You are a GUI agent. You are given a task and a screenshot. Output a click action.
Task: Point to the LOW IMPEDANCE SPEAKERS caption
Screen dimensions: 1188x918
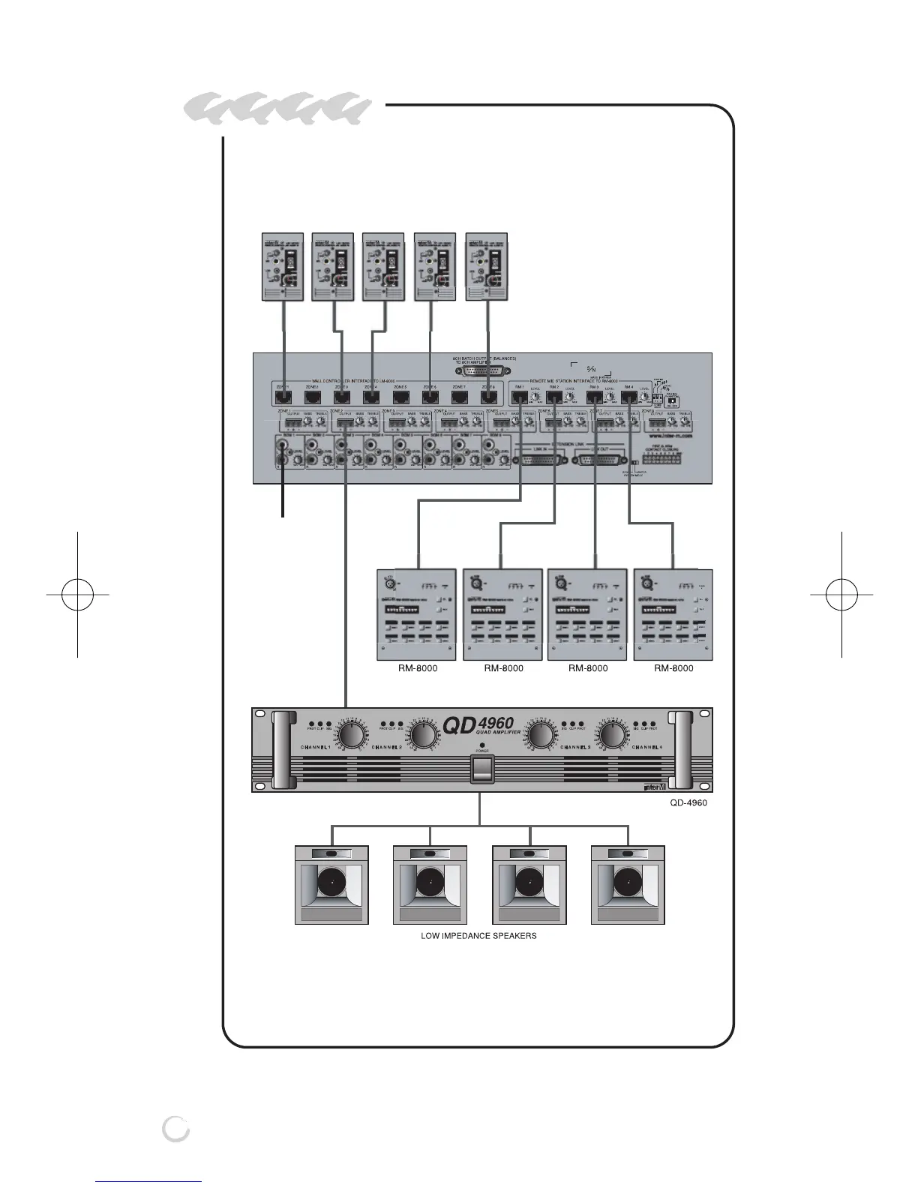coord(478,935)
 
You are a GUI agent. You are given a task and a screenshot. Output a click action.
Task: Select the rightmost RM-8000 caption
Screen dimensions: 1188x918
coord(673,667)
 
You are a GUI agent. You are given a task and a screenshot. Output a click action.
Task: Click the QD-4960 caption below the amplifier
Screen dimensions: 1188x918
coord(688,802)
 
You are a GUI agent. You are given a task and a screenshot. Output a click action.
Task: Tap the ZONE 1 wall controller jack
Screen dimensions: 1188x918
coord(284,397)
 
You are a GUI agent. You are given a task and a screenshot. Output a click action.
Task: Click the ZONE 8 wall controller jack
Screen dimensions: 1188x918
coord(488,397)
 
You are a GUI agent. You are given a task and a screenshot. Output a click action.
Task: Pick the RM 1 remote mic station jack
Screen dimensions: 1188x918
coord(519,397)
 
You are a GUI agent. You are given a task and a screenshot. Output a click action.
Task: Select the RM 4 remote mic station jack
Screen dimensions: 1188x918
coord(628,397)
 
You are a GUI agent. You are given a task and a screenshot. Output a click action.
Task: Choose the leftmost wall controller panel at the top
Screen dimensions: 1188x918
coord(282,266)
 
